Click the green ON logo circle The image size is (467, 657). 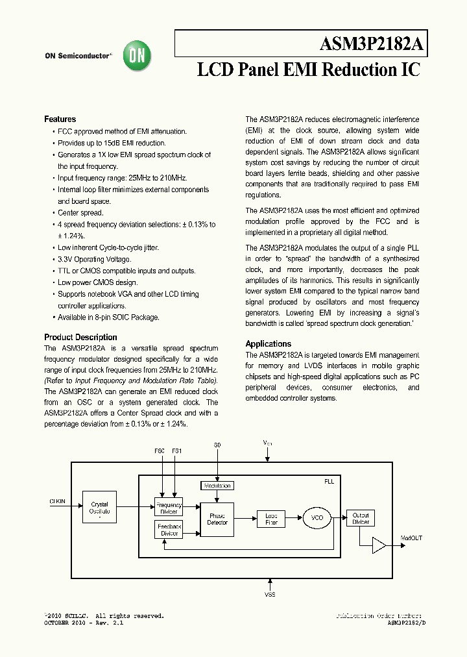coord(138,56)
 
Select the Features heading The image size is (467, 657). coord(60,119)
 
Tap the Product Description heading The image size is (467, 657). coord(80,338)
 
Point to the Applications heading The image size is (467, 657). coord(268,344)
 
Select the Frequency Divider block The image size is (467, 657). coord(169,508)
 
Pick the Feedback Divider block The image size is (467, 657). coord(169,530)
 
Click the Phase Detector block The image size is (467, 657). coord(217,519)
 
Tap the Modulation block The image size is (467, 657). coord(217,486)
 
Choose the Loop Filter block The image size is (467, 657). coord(271,519)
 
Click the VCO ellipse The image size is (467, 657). coord(317,518)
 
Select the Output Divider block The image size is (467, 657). coord(360,519)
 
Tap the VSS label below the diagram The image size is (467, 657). coord(270,595)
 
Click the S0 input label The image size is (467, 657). coord(217,445)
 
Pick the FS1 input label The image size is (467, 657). coord(177,451)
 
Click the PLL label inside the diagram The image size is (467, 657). coord(329,482)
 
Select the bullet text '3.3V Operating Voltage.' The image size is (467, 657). coord(94,260)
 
